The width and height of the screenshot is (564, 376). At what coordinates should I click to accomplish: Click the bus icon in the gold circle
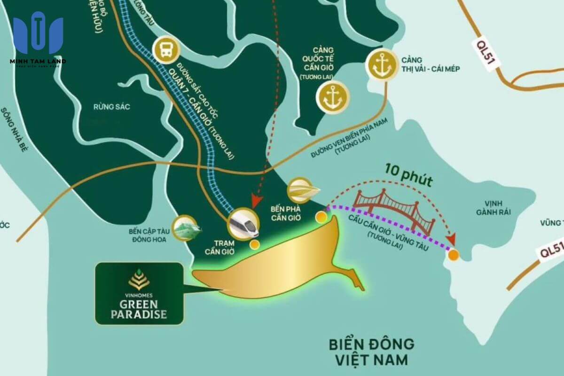166,49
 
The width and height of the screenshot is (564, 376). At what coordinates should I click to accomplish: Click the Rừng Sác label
111,107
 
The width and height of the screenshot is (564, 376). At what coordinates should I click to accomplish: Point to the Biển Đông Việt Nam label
371,352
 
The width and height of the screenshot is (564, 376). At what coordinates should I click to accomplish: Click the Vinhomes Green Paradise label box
139,293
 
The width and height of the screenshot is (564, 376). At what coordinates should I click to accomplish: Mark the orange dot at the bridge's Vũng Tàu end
454,255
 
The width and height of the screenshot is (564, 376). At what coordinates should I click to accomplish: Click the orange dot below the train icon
254,244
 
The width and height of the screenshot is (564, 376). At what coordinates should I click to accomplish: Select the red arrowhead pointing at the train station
256,202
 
